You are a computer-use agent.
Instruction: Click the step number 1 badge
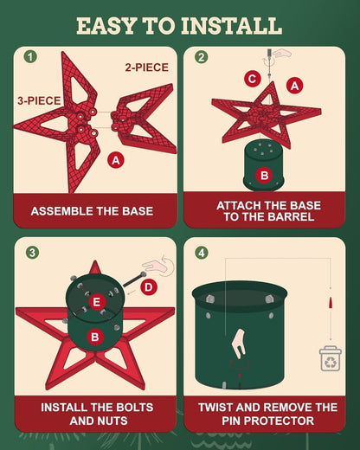point(30,56)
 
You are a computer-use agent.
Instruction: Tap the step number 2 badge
point(201,56)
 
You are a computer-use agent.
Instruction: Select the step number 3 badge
point(32,253)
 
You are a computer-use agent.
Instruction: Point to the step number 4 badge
point(202,253)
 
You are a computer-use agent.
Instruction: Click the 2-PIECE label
point(147,67)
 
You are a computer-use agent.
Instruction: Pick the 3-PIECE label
point(39,100)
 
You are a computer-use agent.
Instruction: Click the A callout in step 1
point(116,160)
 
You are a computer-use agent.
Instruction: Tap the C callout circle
point(253,79)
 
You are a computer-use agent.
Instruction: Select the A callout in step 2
point(294,86)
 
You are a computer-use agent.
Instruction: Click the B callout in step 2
point(265,175)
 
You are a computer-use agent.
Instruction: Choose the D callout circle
point(149,287)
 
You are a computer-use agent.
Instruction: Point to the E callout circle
point(97,302)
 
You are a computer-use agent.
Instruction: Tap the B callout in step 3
point(95,337)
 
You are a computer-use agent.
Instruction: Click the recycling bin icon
point(331,358)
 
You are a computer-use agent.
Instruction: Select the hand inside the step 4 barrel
point(239,344)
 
